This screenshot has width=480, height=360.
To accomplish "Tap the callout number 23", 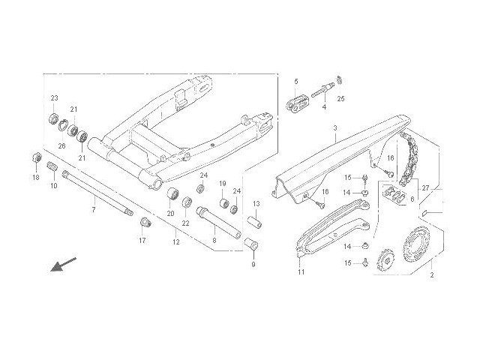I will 55,99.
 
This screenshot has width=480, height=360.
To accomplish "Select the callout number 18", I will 35,178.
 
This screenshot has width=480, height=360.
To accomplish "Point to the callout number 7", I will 93,209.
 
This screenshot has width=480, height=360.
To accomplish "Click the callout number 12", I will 175,241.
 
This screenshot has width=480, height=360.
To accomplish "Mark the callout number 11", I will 301,271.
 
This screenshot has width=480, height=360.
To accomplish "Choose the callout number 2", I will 431,276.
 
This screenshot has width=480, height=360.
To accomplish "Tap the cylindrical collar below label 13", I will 255,223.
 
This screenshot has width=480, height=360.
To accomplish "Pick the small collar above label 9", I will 251,246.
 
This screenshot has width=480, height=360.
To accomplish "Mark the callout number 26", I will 62,145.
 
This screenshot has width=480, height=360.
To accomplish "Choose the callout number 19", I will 223,184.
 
